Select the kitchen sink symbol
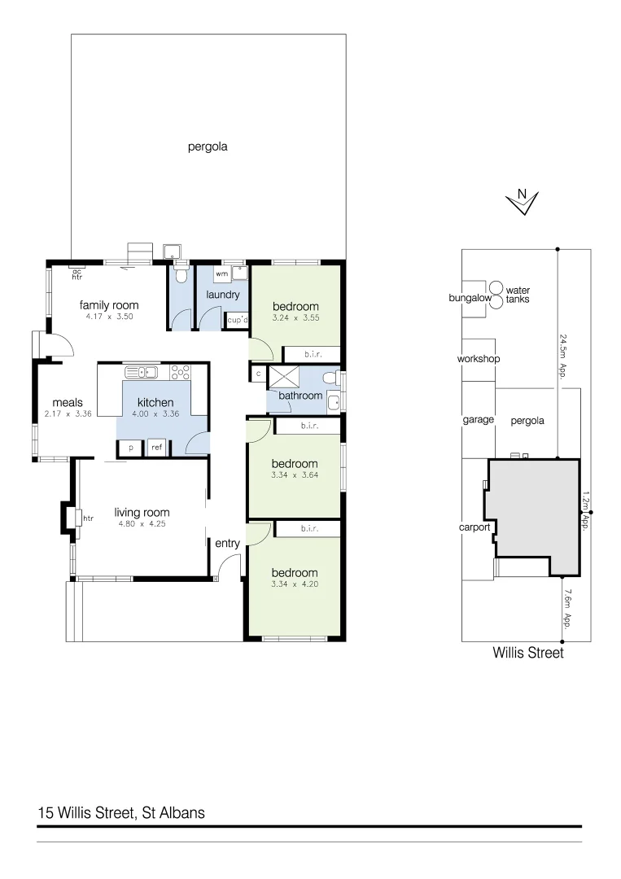141,373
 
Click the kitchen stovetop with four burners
181,373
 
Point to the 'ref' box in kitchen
156,447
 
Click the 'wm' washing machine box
221,274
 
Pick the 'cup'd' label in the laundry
237,321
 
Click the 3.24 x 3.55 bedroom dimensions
295,318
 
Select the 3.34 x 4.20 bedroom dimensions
295,584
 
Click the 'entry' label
228,544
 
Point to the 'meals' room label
68,403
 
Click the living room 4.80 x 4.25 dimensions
141,524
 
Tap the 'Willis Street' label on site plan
527,653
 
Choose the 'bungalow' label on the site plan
470,299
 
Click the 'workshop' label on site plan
479,359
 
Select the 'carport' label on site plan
474,527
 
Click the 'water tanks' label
518,295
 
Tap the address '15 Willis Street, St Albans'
121,812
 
